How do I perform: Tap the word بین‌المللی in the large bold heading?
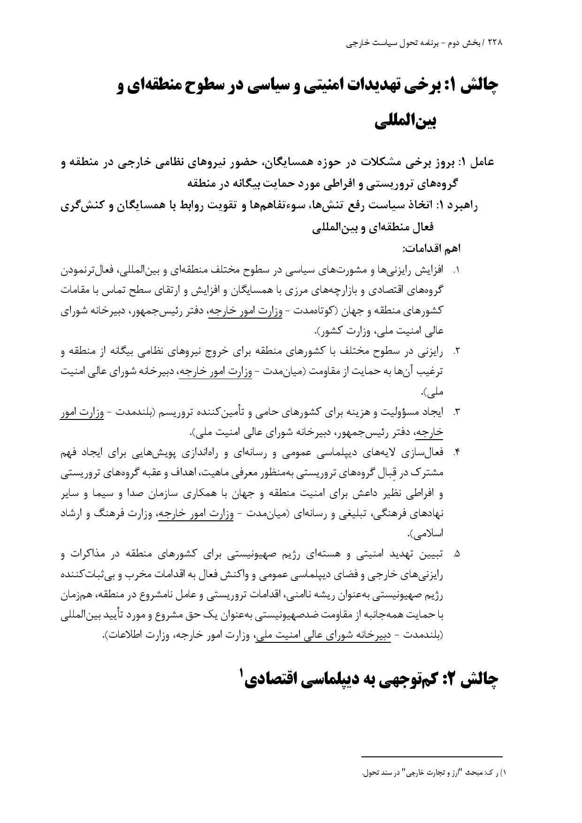click(406, 122)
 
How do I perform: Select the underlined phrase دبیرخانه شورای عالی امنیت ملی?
click(323, 635)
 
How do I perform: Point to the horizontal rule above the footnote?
click(432, 756)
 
